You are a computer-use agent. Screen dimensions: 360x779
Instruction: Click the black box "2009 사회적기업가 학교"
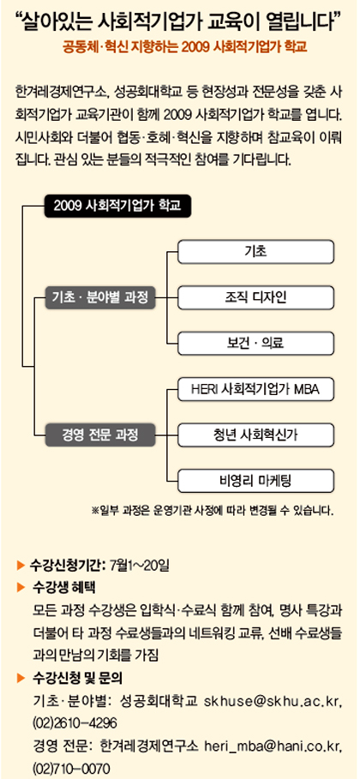[117, 207]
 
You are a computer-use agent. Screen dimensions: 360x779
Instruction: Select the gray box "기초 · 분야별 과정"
[100, 298]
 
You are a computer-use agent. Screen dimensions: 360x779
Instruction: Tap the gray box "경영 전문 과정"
[100, 435]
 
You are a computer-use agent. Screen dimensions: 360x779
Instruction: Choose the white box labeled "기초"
[255, 252]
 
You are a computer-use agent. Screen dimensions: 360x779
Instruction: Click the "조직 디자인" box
[255, 297]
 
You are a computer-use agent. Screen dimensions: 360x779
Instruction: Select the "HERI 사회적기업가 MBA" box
[255, 389]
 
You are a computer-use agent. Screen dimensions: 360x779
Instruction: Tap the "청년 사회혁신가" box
[255, 435]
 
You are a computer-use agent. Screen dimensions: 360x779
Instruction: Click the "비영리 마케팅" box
[255, 481]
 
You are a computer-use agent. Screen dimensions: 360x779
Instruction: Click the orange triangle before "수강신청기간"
[21, 565]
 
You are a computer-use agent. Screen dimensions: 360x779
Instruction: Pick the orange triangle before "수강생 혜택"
[21, 587]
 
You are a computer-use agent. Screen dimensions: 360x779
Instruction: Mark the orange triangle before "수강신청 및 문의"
[21, 677]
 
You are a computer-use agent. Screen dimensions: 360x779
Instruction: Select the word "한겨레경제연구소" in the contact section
[148, 746]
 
